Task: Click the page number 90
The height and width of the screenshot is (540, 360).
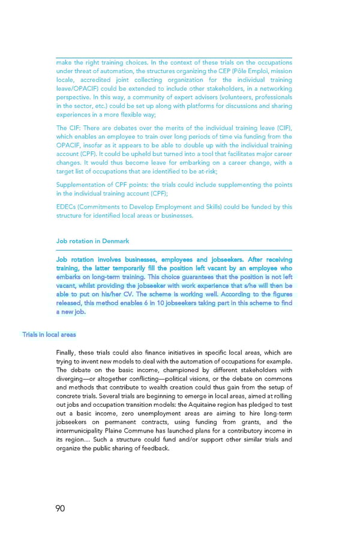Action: coord(60,508)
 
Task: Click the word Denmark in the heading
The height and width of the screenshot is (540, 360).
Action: coord(115,241)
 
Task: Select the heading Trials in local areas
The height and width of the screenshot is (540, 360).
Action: coord(49,334)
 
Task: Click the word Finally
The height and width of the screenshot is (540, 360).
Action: coord(67,353)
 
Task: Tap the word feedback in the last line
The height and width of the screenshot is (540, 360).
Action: coord(155,448)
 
